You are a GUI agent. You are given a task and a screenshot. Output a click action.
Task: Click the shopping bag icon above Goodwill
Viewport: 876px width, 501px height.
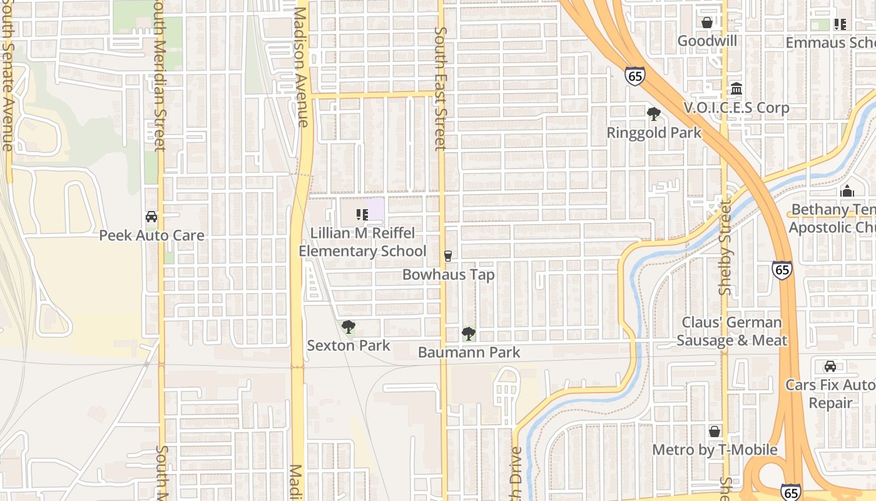[707, 23]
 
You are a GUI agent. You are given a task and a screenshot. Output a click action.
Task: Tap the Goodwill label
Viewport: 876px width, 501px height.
[707, 41]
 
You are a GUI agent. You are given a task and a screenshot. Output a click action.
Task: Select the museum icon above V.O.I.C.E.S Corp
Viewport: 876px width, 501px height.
[736, 88]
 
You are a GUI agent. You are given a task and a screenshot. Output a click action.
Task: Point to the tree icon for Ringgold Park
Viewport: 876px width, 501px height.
[654, 114]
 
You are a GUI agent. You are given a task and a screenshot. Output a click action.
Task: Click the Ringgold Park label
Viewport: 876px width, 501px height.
[654, 133]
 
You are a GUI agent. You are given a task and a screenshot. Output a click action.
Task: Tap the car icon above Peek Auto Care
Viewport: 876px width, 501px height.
[151, 217]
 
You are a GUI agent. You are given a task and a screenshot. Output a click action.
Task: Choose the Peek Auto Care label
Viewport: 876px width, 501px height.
[151, 235]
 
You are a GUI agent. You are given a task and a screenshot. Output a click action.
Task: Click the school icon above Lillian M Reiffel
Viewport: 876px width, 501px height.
[362, 215]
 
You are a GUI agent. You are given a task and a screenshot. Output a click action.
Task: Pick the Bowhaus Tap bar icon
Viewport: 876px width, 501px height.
[447, 256]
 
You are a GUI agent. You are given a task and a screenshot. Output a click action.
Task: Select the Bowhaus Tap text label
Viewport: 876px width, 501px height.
[448, 274]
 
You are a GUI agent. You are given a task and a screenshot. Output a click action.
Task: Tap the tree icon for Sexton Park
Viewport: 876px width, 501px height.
[349, 326]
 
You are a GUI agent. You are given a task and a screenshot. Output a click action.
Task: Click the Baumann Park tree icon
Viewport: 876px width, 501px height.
[468, 334]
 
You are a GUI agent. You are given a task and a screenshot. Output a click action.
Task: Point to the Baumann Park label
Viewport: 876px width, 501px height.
[469, 353]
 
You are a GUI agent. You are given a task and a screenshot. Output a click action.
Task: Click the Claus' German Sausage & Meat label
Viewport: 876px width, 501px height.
[731, 331]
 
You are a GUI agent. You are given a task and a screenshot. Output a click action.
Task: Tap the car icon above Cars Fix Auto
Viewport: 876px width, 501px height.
[830, 366]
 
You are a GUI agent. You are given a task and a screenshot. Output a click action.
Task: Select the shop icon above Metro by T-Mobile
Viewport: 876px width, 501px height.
[715, 431]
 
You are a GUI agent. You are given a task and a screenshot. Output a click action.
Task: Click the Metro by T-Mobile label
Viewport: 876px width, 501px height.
[715, 450]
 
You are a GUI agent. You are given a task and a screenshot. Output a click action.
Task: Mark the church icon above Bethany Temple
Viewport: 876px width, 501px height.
[847, 191]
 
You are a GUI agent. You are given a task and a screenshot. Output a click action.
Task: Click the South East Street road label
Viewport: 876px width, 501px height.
[440, 88]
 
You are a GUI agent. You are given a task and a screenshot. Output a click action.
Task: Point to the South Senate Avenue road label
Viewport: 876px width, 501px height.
[8, 94]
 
